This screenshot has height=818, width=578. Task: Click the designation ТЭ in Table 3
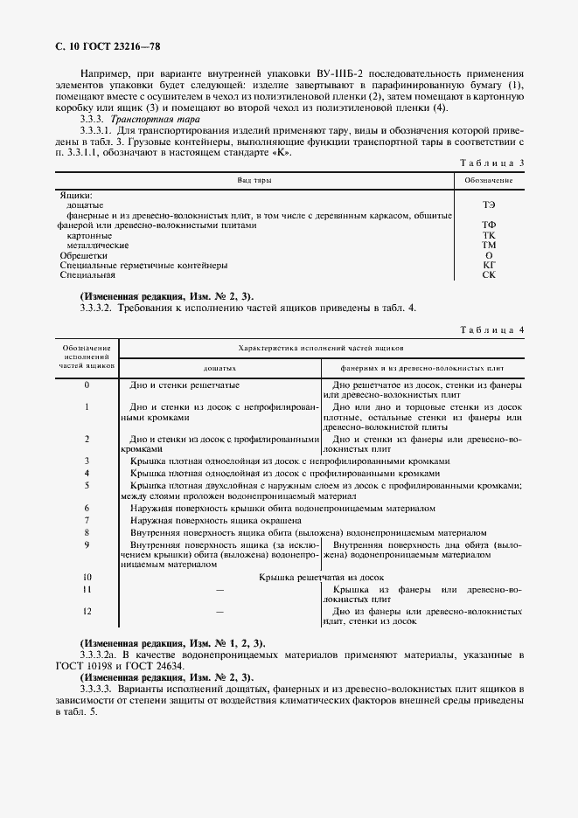[489, 203]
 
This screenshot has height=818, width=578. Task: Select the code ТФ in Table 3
[489, 225]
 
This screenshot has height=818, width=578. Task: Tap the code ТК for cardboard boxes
[489, 235]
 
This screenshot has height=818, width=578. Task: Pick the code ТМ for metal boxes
[489, 245]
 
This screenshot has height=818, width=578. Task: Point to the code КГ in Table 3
[489, 265]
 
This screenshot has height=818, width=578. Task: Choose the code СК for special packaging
[489, 274]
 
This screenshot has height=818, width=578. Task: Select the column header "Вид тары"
[254, 179]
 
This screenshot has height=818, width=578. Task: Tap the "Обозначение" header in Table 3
[489, 179]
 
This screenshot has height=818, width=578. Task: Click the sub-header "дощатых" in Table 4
[219, 369]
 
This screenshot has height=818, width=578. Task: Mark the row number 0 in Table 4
[87, 385]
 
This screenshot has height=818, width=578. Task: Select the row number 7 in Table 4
[87, 519]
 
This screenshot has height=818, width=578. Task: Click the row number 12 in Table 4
[87, 611]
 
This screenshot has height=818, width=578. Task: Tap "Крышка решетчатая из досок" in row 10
[322, 578]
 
